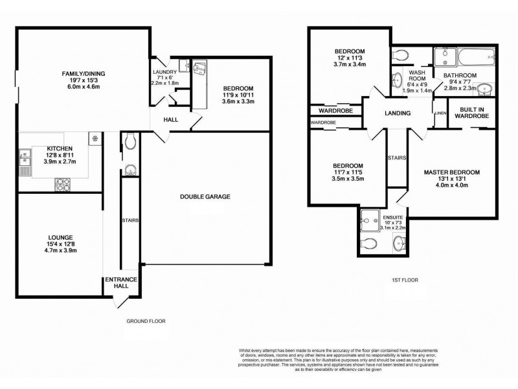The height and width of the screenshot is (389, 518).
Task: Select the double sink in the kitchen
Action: pos(25,160)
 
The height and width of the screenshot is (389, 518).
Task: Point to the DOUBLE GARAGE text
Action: pos(205,196)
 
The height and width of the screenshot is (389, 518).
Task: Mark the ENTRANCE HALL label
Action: pos(121,283)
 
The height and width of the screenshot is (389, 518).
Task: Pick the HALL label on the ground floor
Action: pos(171,119)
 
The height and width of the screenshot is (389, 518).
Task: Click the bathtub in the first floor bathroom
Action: pos(464,59)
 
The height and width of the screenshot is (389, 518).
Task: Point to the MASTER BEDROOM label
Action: pos(452,172)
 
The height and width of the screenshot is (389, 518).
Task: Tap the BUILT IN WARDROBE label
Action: pos(474,112)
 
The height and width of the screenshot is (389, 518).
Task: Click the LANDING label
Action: pos(398,113)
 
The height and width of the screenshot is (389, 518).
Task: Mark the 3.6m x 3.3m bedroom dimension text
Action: pos(238,102)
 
